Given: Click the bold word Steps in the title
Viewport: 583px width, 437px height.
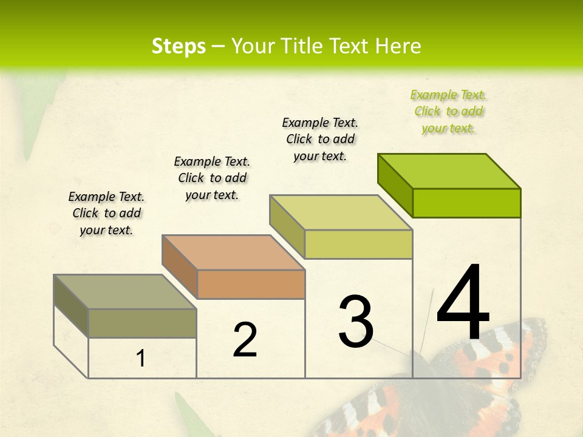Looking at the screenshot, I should pyautogui.click(x=179, y=46).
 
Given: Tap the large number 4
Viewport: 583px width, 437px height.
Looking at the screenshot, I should pyautogui.click(x=463, y=303).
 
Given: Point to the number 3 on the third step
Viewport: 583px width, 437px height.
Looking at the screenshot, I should pyautogui.click(x=356, y=322).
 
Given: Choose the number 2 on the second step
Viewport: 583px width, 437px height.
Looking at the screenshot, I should pyautogui.click(x=245, y=340).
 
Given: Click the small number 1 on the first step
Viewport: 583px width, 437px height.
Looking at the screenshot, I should pyautogui.click(x=141, y=359).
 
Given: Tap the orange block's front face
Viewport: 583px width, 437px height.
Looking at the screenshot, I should pyautogui.click(x=251, y=284).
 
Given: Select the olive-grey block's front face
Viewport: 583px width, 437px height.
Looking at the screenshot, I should pyautogui.click(x=142, y=323).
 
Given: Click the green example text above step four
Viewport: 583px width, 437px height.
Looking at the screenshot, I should pyautogui.click(x=448, y=111).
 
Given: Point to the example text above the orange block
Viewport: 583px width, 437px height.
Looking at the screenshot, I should pyautogui.click(x=212, y=178).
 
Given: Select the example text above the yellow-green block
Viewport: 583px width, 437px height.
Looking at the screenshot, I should pyautogui.click(x=320, y=139).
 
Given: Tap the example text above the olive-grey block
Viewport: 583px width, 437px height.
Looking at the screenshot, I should pyautogui.click(x=106, y=213).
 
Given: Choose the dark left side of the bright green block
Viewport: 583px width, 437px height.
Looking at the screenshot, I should pyautogui.click(x=395, y=185).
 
